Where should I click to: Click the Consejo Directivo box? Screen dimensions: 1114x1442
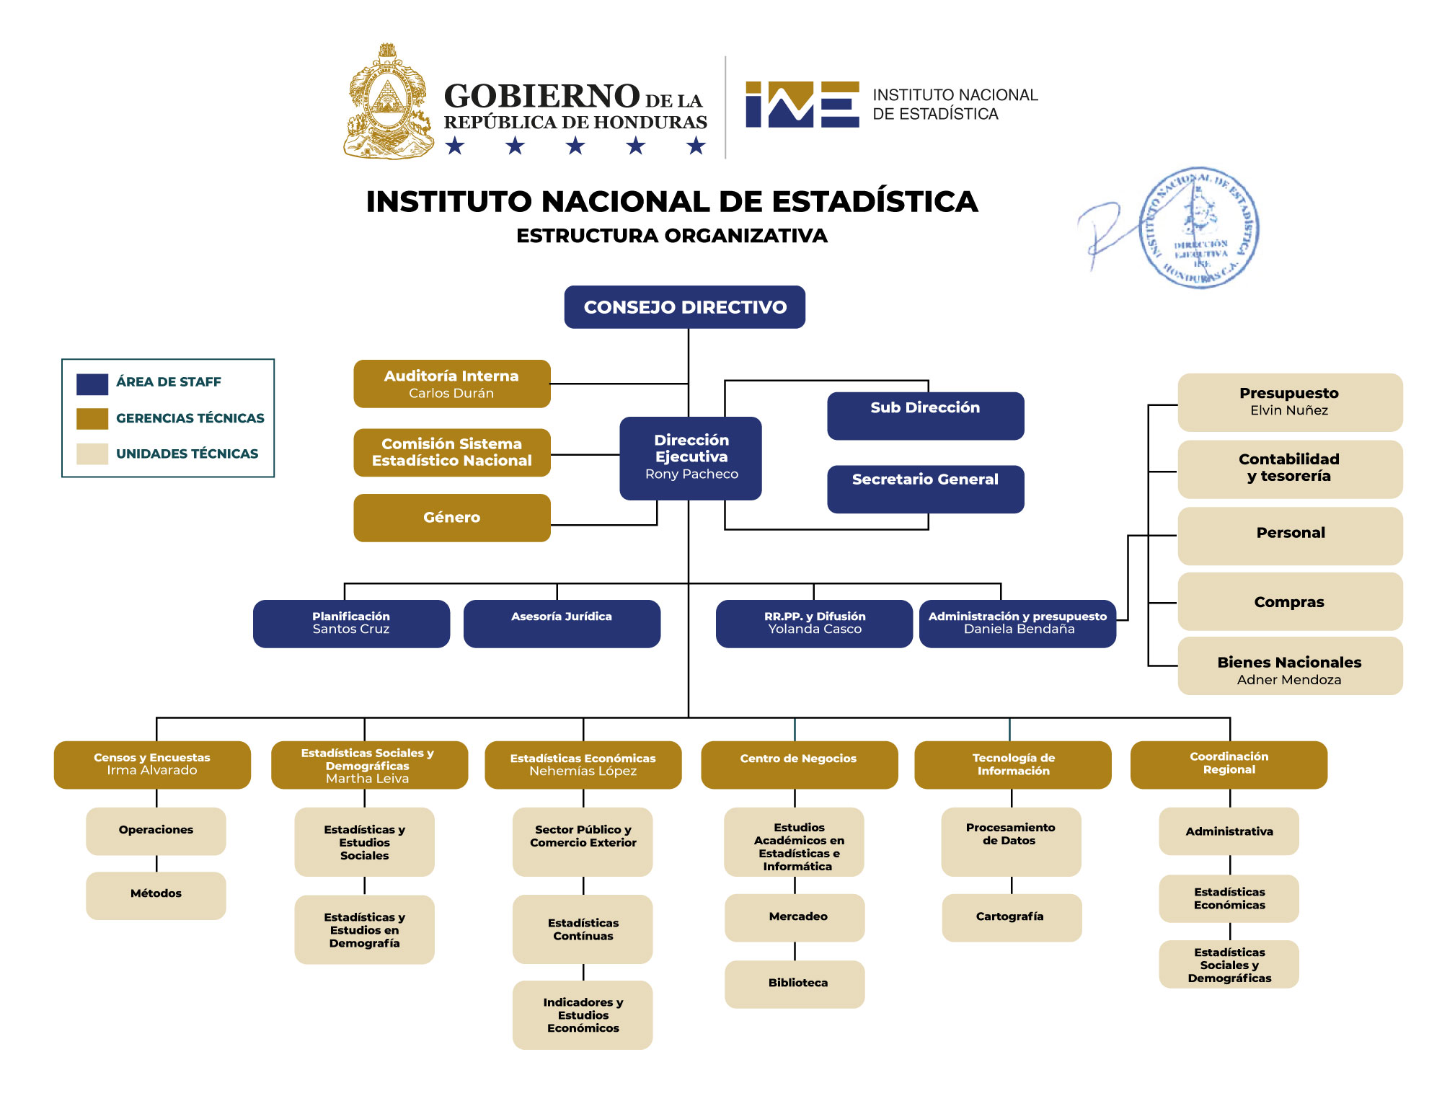point(684,307)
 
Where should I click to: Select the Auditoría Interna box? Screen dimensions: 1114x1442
point(451,384)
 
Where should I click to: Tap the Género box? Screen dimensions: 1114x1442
point(451,518)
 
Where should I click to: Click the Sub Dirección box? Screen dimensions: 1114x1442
point(925,415)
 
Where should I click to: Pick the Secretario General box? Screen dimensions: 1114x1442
point(925,488)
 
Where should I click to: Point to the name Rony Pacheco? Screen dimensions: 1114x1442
point(691,474)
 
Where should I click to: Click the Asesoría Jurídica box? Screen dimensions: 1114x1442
point(562,623)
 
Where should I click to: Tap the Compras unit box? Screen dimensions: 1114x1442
point(1290,601)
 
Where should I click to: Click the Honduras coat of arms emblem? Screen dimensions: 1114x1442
point(388,102)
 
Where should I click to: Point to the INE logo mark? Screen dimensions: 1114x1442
point(802,105)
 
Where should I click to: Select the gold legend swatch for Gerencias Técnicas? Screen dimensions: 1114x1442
point(92,418)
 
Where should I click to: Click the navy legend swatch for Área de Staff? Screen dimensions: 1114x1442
point(92,384)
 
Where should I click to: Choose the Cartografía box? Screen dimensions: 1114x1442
point(1011,917)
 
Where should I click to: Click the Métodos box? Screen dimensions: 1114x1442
point(156,895)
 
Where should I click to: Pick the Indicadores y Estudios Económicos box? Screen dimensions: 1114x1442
point(583,1014)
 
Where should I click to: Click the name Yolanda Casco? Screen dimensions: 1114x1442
point(815,629)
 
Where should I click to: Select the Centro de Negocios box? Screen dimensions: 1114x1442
point(799,764)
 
